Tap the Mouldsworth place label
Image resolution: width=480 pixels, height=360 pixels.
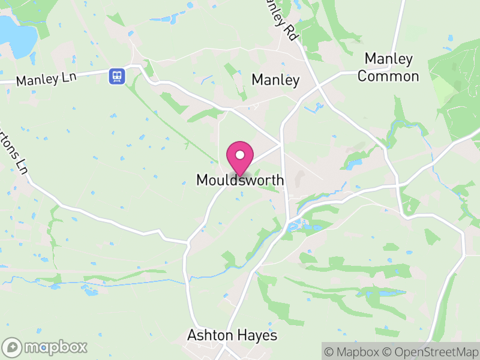(240, 180)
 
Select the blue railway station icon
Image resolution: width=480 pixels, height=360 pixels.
(116, 76)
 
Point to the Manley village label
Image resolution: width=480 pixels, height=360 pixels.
(275, 79)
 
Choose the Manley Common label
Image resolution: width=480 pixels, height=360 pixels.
(388, 68)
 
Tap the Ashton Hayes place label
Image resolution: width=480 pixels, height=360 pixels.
(233, 335)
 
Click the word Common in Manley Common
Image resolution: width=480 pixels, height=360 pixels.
(388, 76)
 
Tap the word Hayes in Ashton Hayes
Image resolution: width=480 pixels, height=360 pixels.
(260, 335)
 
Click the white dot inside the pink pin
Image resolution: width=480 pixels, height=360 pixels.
(240, 154)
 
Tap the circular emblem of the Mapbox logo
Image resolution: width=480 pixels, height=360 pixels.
(12, 347)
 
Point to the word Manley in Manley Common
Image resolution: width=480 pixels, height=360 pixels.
(388, 59)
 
